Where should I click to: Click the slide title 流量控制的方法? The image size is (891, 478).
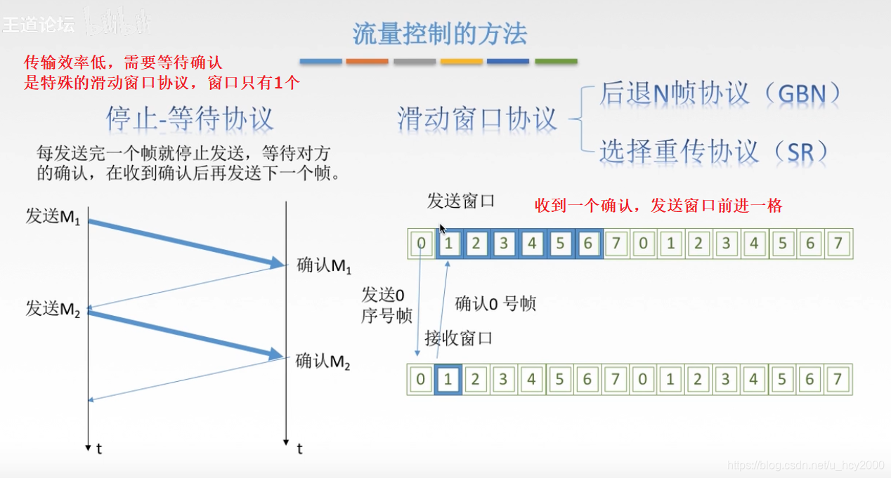click(x=439, y=34)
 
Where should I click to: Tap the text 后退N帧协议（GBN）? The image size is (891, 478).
click(x=720, y=93)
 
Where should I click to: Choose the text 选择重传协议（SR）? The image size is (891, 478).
click(x=714, y=150)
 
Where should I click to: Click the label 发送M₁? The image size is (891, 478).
click(x=53, y=216)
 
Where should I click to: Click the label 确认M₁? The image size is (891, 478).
click(x=323, y=265)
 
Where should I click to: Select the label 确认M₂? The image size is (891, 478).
click(x=323, y=361)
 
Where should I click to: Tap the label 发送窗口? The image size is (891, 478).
click(x=461, y=201)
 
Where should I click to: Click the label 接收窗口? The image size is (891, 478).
click(x=459, y=338)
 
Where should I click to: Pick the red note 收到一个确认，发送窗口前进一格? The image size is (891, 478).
click(x=658, y=206)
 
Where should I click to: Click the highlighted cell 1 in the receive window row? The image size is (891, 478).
click(x=448, y=380)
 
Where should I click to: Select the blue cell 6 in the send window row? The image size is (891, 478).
click(x=587, y=244)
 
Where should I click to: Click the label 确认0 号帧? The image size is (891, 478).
click(x=495, y=303)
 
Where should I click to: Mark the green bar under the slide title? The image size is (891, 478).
click(x=556, y=62)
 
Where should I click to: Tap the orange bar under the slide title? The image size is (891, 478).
click(x=368, y=62)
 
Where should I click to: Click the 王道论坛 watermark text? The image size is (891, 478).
click(x=38, y=25)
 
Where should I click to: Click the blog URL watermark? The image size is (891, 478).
click(x=805, y=465)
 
